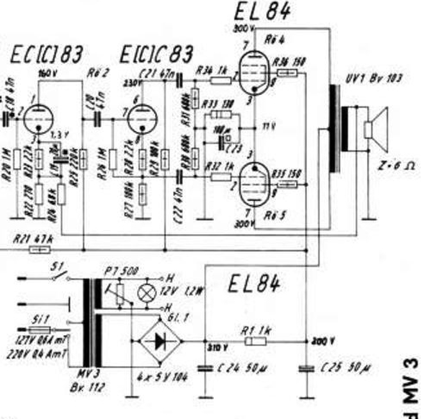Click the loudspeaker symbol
pos(375,130)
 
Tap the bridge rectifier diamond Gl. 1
pos(160,341)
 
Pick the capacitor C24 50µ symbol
pos(205,368)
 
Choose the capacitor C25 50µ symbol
pos(307,369)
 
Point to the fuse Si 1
pos(40,330)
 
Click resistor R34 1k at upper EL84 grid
pos(221,80)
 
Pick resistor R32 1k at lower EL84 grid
pos(221,177)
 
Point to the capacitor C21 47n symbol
pos(179,81)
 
